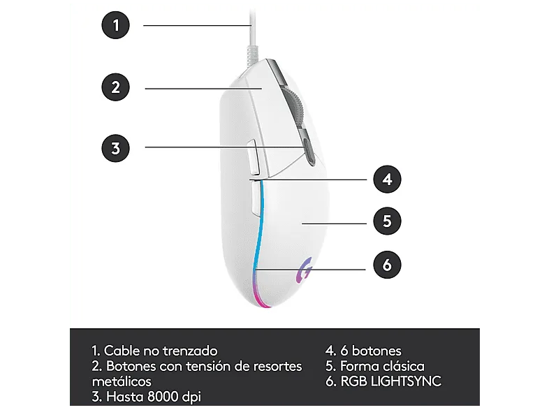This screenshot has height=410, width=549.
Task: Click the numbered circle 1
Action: click(115, 25)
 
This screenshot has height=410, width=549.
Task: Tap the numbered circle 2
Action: click(115, 87)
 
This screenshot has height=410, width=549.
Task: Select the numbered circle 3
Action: click(115, 148)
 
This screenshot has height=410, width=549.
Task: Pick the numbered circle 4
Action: click(387, 180)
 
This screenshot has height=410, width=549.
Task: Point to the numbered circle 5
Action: click(387, 221)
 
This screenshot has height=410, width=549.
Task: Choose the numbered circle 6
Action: click(387, 265)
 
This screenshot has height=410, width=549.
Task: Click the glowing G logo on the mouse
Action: click(304, 270)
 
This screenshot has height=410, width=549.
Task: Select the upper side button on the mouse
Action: click(253, 157)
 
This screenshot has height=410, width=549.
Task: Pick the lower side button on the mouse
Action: click(256, 197)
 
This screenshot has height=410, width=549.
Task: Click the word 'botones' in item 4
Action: click(376, 351)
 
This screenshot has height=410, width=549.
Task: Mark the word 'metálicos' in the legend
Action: click(122, 381)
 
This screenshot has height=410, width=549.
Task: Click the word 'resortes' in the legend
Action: click(278, 366)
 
